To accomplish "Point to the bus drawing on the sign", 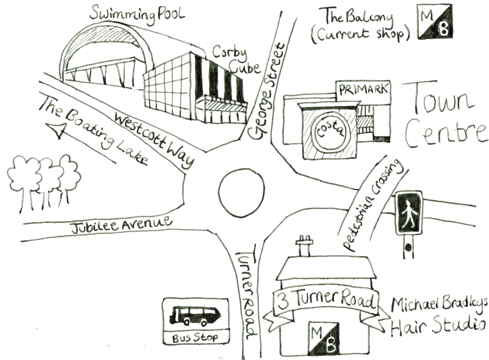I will (x=195, y=315).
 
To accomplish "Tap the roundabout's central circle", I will (x=240, y=192).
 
